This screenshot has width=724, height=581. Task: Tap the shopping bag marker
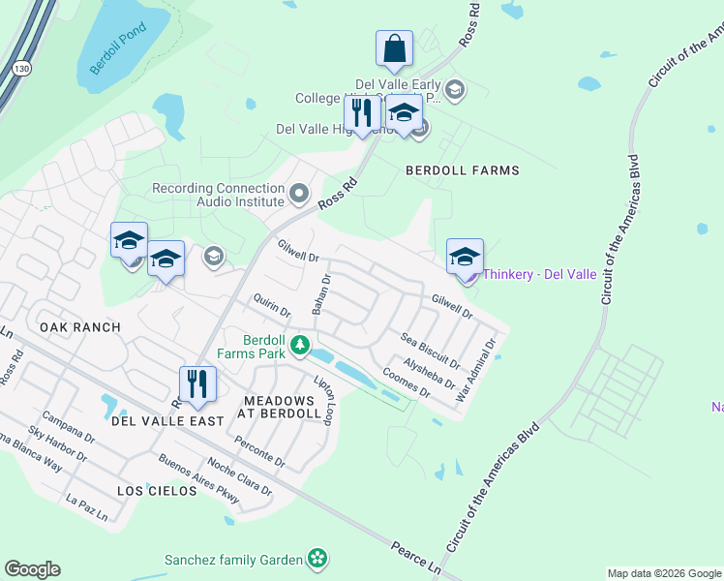tap(394, 47)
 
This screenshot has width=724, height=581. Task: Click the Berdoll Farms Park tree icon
tap(300, 344)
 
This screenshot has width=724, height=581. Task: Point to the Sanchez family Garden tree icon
tap(317, 558)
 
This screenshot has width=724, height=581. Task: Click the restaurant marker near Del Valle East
tap(196, 383)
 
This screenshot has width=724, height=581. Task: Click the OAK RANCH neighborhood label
tap(80, 327)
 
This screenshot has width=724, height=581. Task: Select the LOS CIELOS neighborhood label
tap(157, 491)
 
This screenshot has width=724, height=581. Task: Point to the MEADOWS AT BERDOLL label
tap(281, 407)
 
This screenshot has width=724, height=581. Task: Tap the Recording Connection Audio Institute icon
tap(299, 195)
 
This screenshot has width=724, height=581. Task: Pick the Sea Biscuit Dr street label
tap(430, 350)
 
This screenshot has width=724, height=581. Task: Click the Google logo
tap(32, 569)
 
